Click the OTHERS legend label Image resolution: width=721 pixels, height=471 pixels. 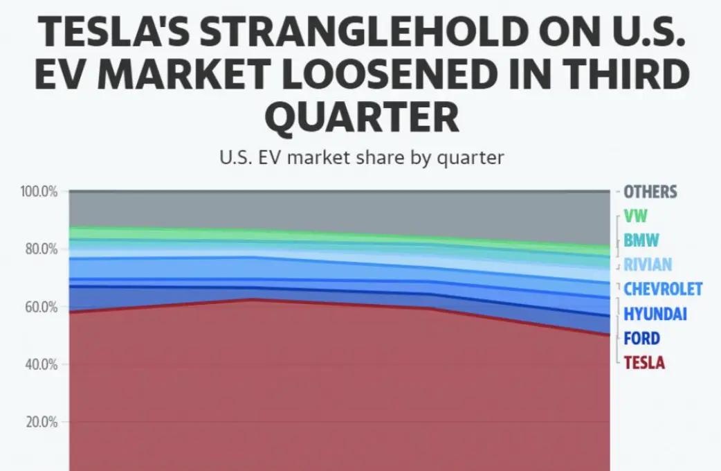(x=650, y=192)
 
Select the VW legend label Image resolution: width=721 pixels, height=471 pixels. (x=635, y=216)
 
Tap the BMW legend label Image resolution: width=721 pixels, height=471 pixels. (x=641, y=240)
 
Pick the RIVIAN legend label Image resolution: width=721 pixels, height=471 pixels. (x=648, y=265)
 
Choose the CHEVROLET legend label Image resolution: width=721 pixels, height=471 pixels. (x=663, y=289)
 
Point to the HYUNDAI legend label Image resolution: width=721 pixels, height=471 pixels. (x=655, y=314)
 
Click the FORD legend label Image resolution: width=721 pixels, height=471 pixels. (x=642, y=339)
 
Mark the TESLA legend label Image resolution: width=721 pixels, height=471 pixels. (x=644, y=363)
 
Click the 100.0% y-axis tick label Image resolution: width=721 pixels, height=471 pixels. (x=39, y=191)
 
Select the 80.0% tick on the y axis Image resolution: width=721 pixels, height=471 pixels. (x=42, y=249)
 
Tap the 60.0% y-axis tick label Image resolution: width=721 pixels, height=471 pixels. (x=42, y=307)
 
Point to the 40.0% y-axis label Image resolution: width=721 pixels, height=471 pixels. (x=42, y=364)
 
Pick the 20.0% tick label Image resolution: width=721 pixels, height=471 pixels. (x=42, y=423)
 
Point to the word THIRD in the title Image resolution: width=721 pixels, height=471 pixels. (x=614, y=74)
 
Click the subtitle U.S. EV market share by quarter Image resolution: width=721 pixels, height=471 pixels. (x=362, y=158)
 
